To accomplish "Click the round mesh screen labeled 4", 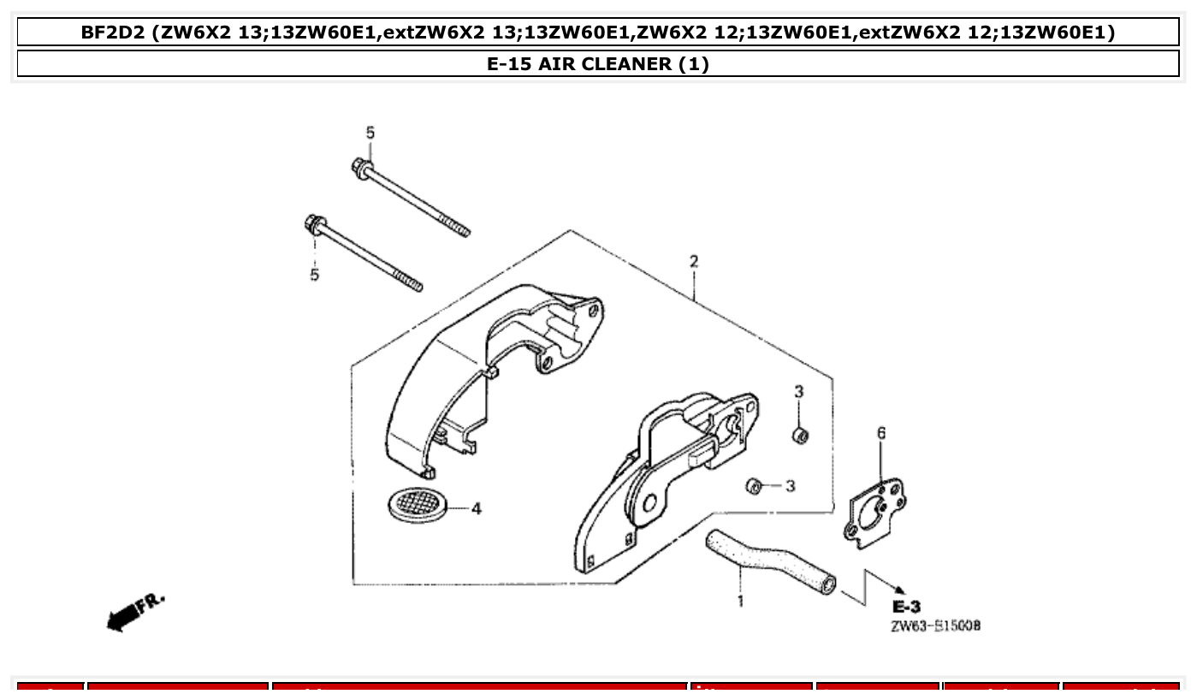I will [x=415, y=502].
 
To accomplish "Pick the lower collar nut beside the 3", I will [x=753, y=485].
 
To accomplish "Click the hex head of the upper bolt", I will [x=360, y=166].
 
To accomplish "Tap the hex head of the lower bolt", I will [x=314, y=225].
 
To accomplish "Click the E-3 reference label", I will [x=906, y=607].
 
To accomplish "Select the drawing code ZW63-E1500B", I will [x=935, y=626].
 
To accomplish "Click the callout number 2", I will [x=694, y=261].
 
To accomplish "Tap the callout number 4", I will [x=477, y=508].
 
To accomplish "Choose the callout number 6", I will [x=881, y=433].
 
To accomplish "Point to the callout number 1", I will [x=740, y=601].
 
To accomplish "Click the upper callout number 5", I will [x=370, y=133].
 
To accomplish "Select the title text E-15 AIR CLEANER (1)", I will [x=598, y=63].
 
